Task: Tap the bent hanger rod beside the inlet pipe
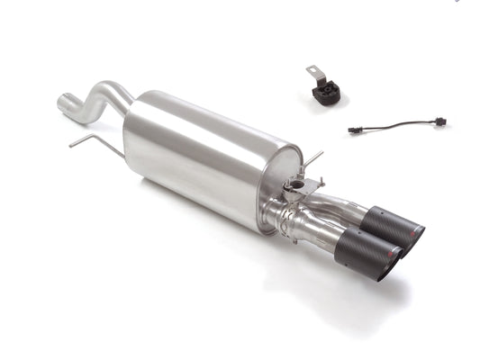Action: tap(90, 142)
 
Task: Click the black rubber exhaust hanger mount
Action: tap(323, 92)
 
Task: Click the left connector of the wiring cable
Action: tap(355, 130)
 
